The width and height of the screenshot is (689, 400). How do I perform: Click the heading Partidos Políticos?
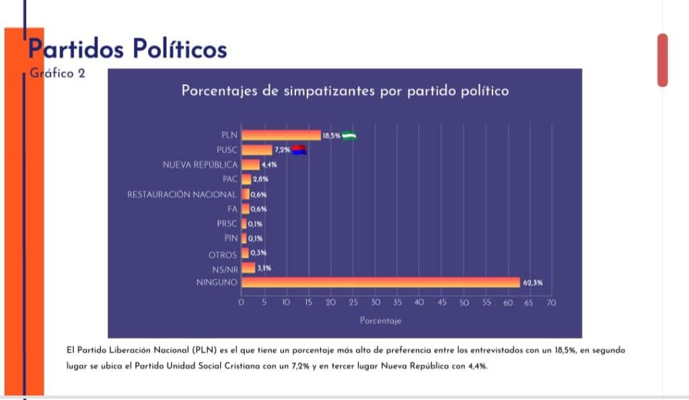[x=127, y=49]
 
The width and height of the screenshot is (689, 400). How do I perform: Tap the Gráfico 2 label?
[x=58, y=73]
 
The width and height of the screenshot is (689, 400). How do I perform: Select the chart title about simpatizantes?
[x=344, y=91]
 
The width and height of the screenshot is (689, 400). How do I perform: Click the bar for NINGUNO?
[x=380, y=282]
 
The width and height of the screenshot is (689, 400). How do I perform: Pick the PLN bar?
[x=281, y=135]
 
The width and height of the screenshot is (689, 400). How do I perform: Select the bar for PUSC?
[x=256, y=149]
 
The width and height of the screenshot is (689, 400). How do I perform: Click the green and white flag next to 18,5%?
[x=349, y=135]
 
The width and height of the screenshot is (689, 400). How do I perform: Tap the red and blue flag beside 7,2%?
[x=299, y=149]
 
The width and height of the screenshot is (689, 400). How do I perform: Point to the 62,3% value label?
[x=532, y=283]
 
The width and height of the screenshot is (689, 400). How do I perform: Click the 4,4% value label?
[x=269, y=164]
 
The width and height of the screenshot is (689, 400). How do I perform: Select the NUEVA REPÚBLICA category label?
[x=200, y=164]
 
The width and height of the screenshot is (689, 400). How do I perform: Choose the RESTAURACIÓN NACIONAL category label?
[x=182, y=194]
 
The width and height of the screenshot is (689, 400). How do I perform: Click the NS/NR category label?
[x=224, y=268]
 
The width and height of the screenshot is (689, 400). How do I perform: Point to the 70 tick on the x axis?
[x=551, y=303]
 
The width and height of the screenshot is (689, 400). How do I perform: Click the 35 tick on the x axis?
[x=397, y=303]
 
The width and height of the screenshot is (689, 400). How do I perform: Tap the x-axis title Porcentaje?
[x=380, y=321]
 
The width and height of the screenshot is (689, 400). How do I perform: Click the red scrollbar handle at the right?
[x=663, y=60]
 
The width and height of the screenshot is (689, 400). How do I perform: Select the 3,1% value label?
[x=264, y=268]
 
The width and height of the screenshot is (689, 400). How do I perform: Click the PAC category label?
[x=229, y=179]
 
